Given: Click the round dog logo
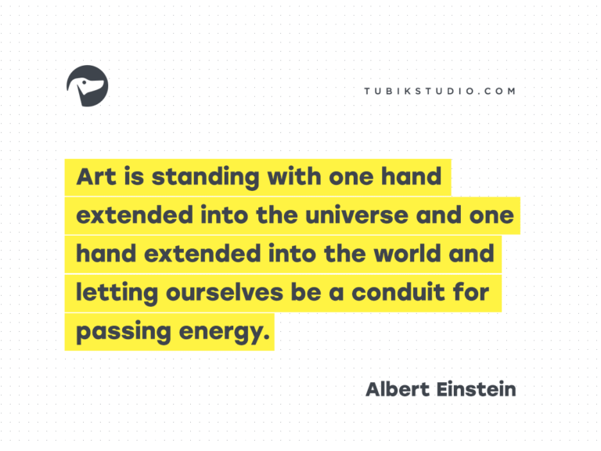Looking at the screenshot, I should [88, 86].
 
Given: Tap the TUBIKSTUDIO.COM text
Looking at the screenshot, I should [440, 91].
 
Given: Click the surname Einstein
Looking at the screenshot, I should [477, 388].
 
